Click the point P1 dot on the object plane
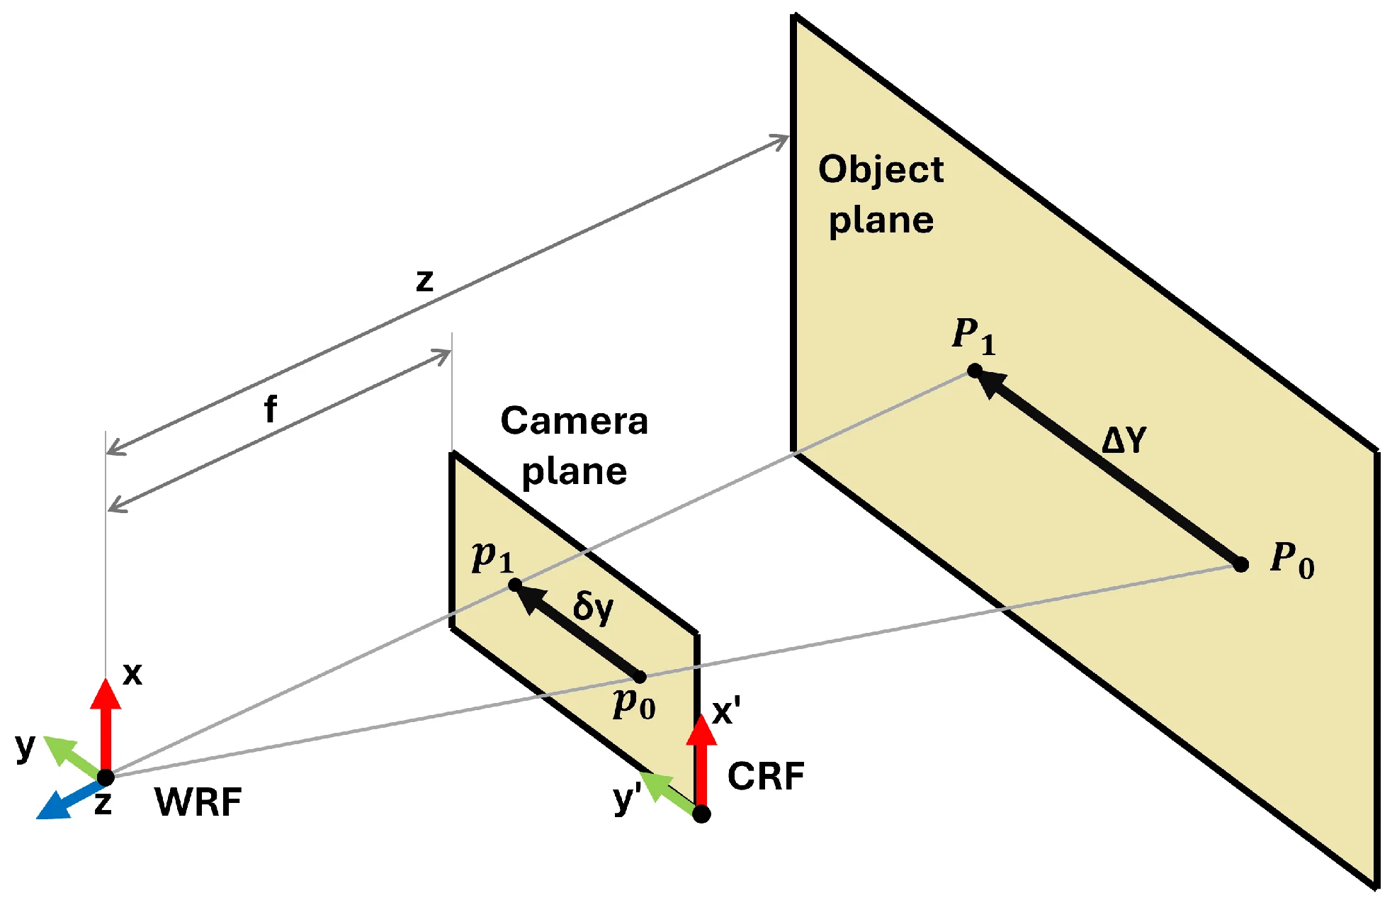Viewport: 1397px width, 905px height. coord(975,371)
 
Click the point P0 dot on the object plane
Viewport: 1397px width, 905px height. coord(1241,565)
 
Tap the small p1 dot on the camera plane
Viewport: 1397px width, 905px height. coord(516,585)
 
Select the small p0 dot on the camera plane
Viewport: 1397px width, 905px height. coord(640,677)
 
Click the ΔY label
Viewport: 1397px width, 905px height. coord(1124,440)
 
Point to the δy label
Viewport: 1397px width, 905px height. coord(593,608)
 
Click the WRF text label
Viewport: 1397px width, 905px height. coord(198,802)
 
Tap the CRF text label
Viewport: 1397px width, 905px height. coord(766,776)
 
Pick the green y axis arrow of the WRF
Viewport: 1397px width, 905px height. coord(71,755)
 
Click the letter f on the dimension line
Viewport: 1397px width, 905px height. coord(270,410)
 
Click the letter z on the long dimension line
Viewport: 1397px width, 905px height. coord(424,280)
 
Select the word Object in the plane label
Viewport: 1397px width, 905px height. coord(881,170)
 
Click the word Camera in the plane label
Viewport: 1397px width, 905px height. coord(574,421)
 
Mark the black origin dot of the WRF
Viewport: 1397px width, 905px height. coord(106,777)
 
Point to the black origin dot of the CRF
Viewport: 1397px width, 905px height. coord(701,814)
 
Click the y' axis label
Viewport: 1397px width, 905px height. coord(627,799)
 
